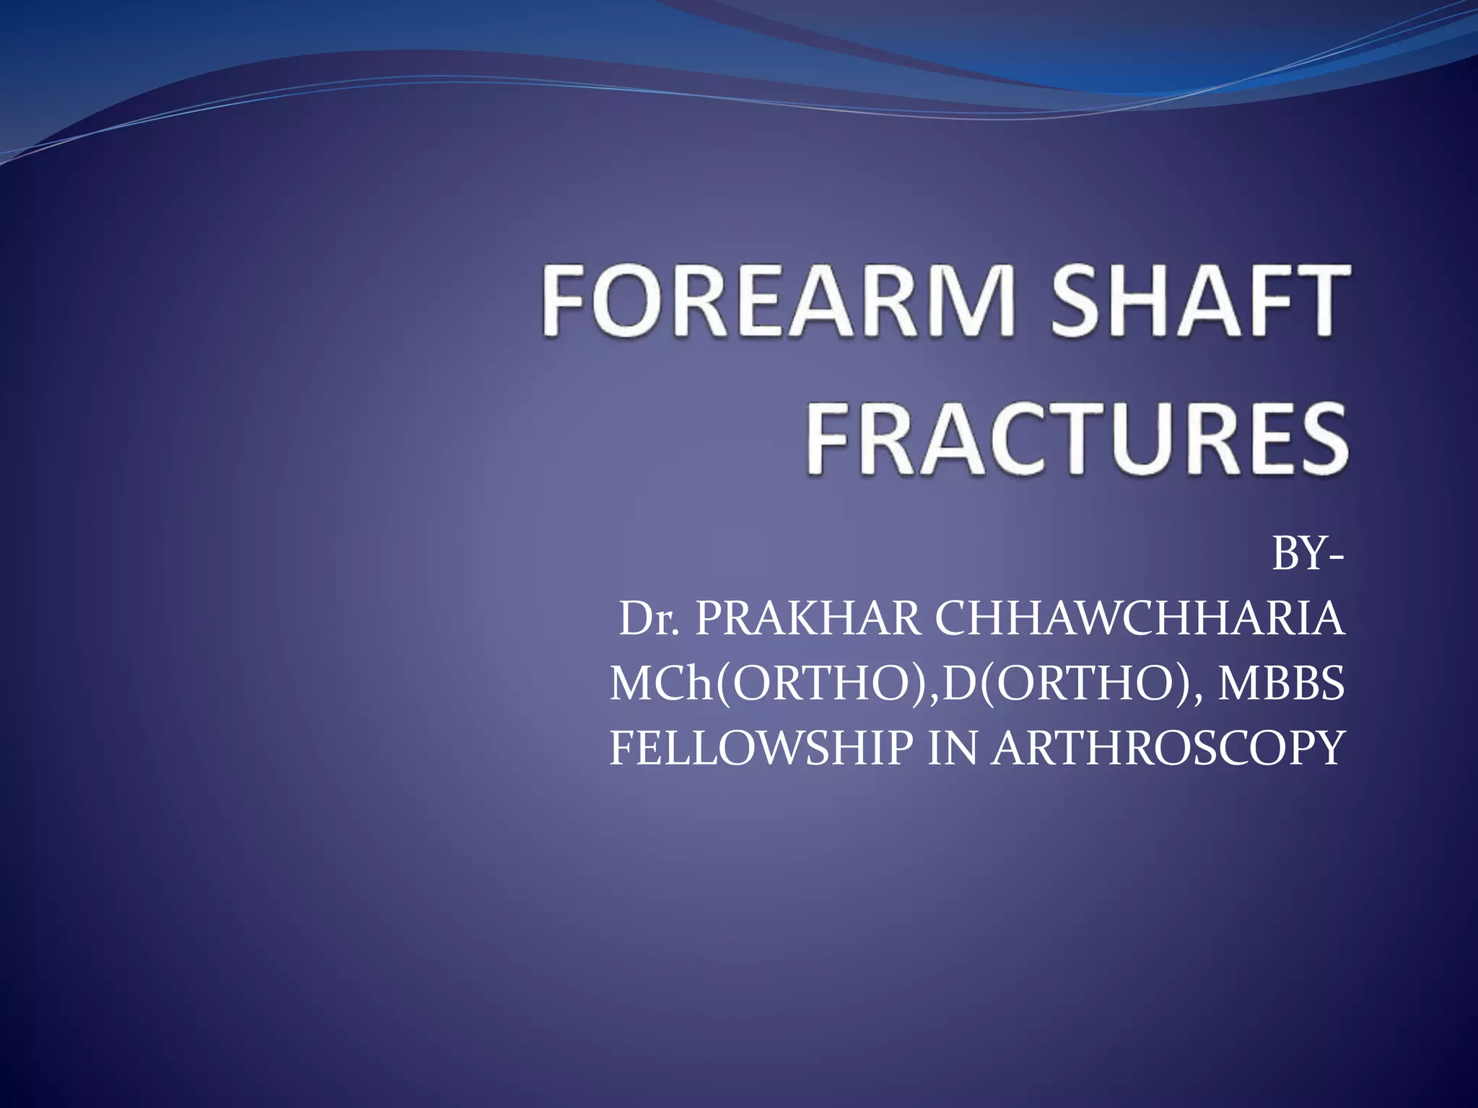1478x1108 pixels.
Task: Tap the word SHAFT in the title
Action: pos(1198,301)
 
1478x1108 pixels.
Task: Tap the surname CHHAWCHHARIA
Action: pos(1140,619)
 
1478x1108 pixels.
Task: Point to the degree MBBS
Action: pos(1281,684)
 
